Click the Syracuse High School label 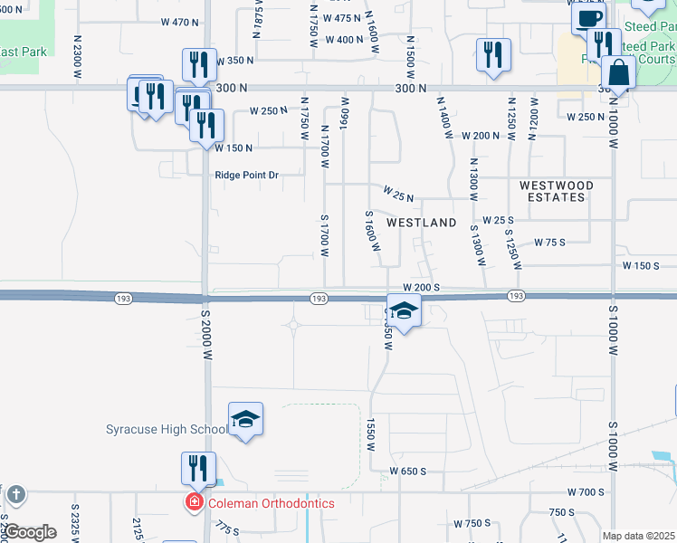coord(167,429)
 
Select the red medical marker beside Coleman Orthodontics coord(194,503)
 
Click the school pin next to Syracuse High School coord(245,420)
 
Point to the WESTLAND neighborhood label coord(422,222)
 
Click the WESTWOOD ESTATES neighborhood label coord(557,191)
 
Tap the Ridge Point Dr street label coord(246,176)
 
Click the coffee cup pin coord(587,19)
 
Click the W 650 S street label coord(407,472)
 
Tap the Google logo coord(30,532)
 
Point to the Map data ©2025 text coord(638,536)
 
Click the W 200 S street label coord(422,286)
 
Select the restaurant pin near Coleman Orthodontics coord(197,469)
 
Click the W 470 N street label coord(179,22)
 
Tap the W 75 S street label coord(549,243)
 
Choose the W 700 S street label coord(586,491)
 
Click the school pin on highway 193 coord(405,311)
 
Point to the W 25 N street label coord(398,195)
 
